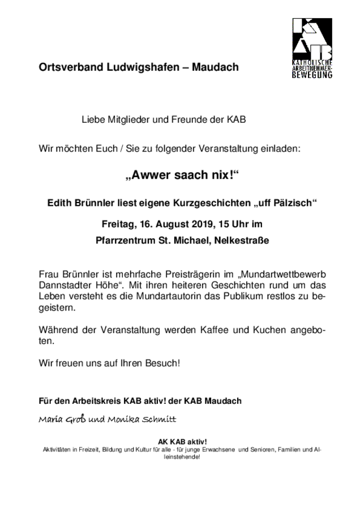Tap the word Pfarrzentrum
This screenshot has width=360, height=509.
(126, 240)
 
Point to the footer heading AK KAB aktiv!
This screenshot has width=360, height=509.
(182, 442)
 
